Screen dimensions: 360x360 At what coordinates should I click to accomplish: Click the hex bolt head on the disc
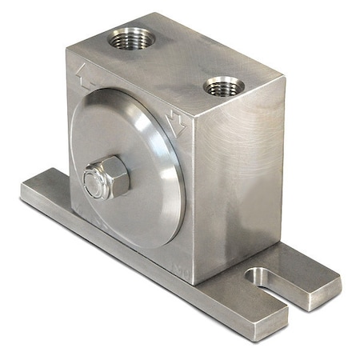pos(106,178)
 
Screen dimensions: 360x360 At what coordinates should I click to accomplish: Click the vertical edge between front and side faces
pos(192,200)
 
